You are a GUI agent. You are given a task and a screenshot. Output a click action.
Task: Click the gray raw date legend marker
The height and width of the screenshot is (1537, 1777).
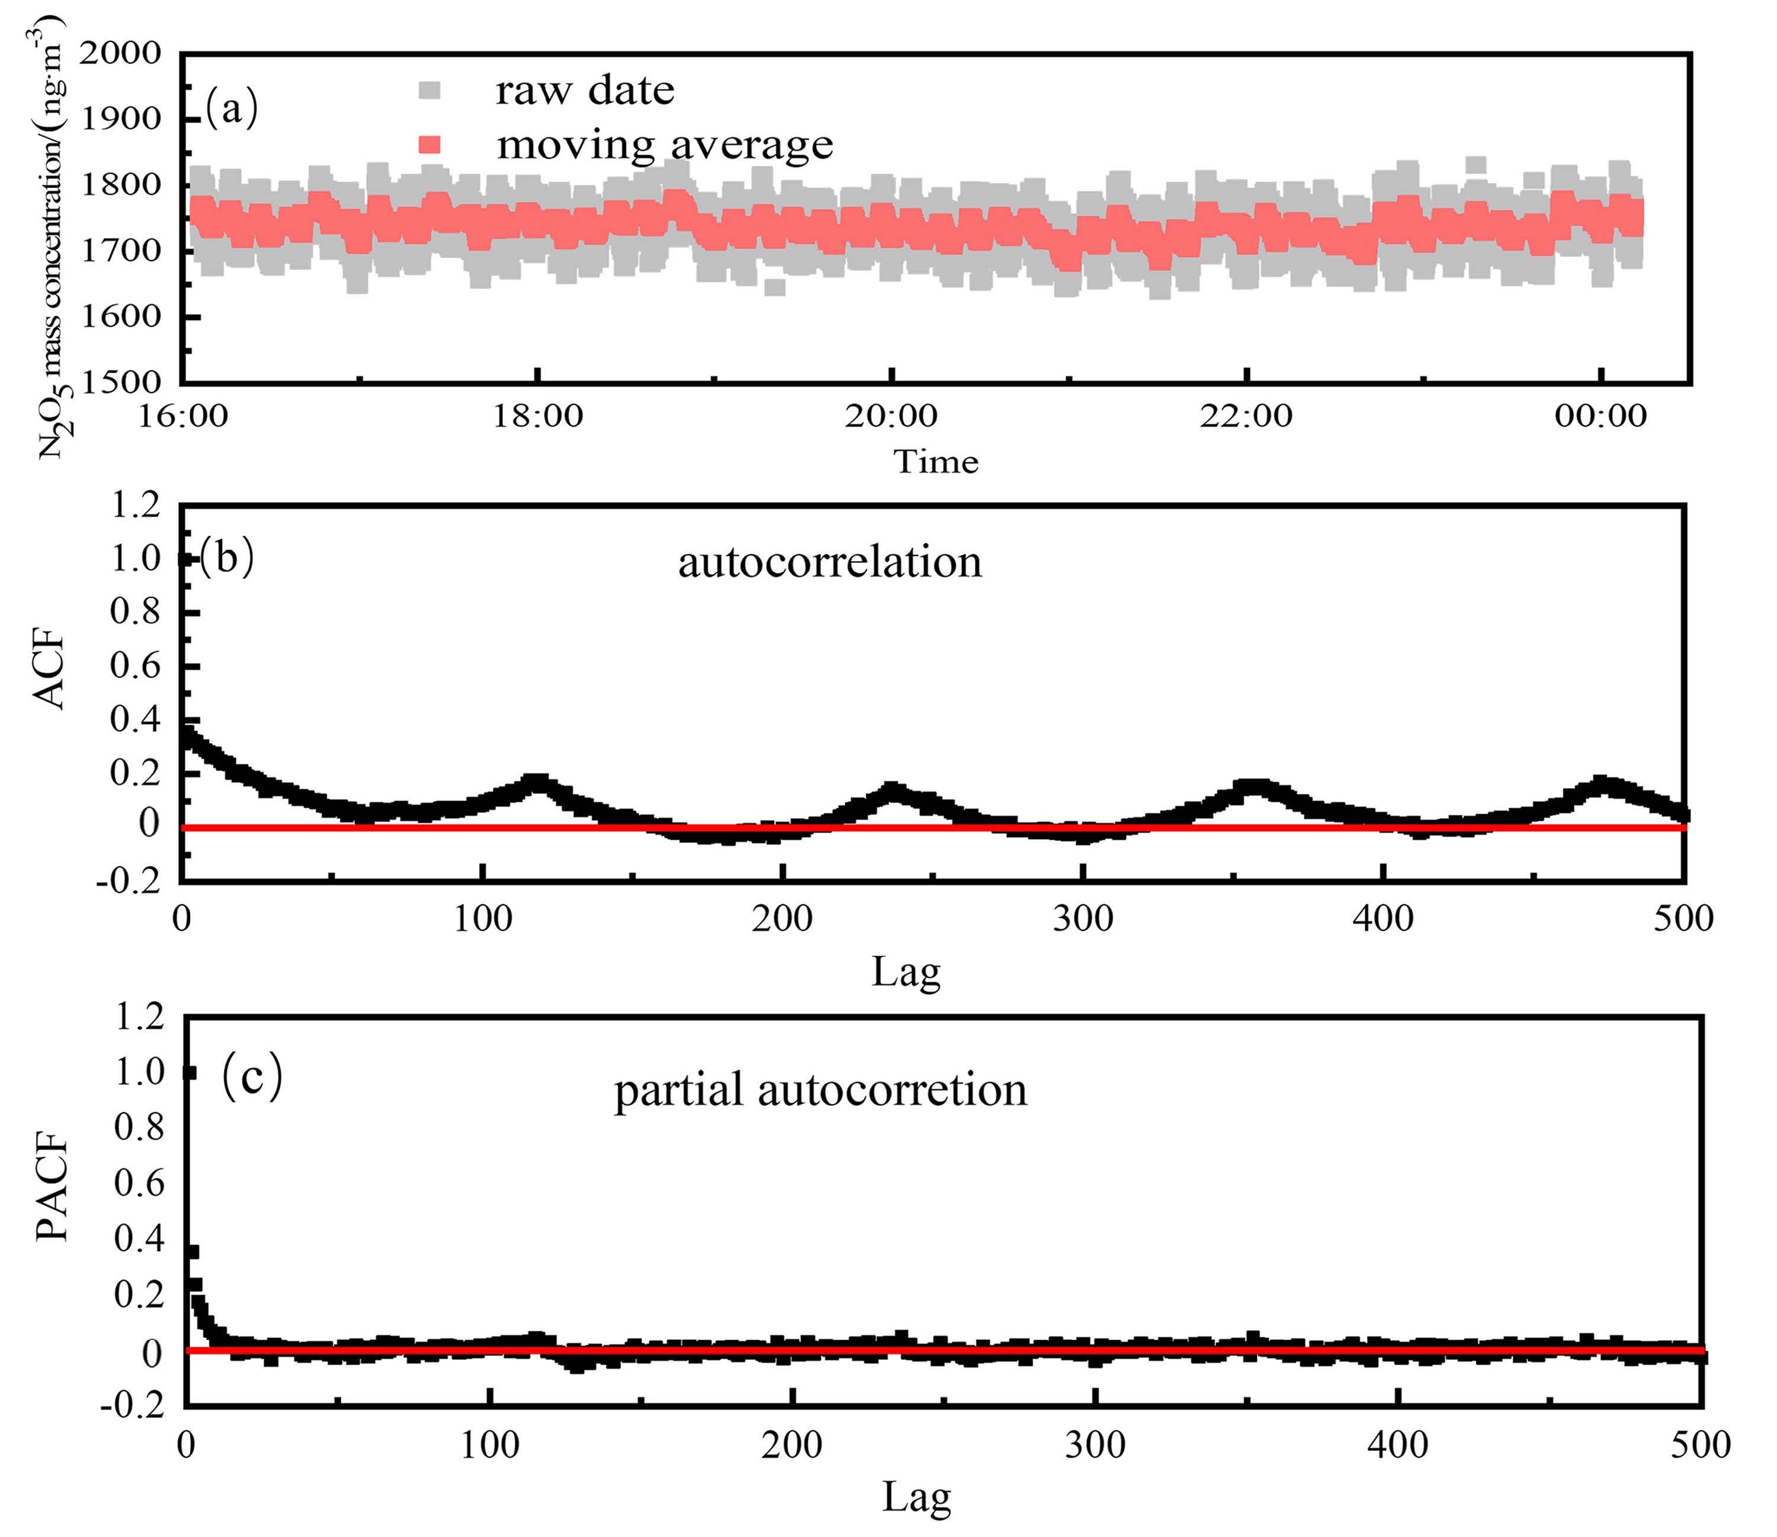coord(429,90)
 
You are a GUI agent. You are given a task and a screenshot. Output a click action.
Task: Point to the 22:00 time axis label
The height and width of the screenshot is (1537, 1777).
coord(1246,416)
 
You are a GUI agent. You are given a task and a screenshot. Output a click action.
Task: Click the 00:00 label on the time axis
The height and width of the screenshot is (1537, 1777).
coord(1600,416)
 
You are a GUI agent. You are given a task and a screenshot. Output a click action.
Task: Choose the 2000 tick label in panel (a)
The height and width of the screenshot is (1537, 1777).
coord(120,53)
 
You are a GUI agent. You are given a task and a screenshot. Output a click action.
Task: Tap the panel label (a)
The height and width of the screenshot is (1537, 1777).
coord(232,110)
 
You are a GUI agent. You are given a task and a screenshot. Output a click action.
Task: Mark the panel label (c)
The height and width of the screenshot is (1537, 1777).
coord(251,1078)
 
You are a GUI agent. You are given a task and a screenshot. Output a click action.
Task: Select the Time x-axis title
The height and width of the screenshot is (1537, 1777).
coord(936,462)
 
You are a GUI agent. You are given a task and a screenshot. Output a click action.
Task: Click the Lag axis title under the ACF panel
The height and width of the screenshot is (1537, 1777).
coord(906,972)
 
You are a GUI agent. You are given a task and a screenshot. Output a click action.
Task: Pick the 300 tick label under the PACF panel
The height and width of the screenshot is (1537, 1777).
coord(1095,1445)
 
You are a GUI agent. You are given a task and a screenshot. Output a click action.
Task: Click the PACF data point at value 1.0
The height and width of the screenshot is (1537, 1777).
coord(190,1072)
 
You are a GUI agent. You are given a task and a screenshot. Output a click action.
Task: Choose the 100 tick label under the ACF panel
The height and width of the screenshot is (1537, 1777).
coord(482,918)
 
